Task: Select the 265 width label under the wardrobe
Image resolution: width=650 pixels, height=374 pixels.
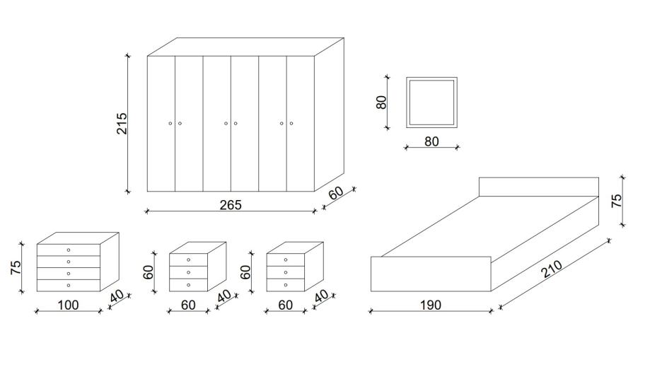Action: pos(231,205)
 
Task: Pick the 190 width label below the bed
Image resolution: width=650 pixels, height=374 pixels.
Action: pos(430,305)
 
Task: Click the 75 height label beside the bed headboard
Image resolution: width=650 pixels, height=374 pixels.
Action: pos(617,201)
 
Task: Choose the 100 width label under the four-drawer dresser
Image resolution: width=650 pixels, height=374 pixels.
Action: pos(69,305)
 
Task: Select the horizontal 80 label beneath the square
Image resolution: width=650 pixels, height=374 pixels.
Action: pos(431,141)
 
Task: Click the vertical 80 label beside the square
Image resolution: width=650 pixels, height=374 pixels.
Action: pos(382,102)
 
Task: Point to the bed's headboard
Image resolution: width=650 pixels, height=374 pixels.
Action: pos(538,187)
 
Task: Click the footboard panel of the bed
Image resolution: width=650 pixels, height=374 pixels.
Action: pos(431,274)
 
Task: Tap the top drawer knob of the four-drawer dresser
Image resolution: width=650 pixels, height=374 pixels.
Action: pos(69,250)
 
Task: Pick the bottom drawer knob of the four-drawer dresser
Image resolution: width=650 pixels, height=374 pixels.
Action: pos(69,285)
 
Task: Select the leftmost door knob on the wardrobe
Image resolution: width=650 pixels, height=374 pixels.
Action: pos(170,124)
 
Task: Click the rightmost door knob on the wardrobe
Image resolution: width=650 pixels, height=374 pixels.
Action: pos(291,124)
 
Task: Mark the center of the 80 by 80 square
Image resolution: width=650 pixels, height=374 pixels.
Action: pos(431,103)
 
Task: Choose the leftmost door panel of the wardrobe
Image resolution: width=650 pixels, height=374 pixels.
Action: pos(161,123)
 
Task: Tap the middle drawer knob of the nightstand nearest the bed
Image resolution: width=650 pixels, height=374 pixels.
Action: pos(286,272)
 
